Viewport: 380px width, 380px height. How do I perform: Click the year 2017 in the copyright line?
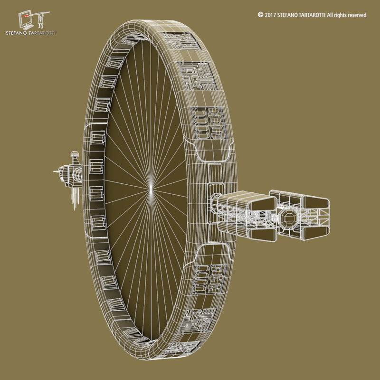click(270, 15)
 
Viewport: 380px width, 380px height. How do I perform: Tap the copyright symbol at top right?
click(260, 15)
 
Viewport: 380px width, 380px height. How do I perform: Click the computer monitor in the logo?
click(26, 19)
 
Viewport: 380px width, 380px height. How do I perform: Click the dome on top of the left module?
click(74, 154)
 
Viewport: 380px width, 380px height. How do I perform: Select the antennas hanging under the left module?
click(74, 197)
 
